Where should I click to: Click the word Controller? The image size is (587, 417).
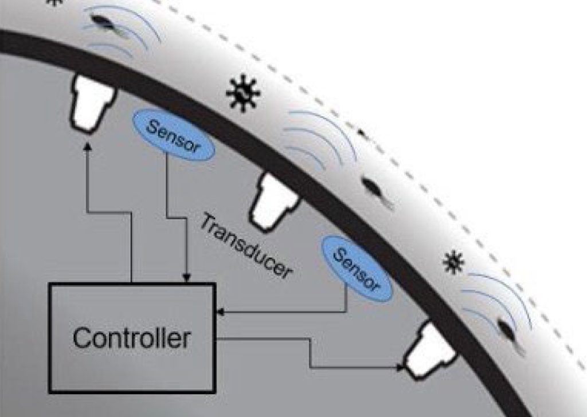point(131,338)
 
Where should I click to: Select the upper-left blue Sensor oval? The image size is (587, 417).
point(174,137)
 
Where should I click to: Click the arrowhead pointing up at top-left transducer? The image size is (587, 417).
point(87,147)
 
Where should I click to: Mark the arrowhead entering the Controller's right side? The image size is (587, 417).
point(219,312)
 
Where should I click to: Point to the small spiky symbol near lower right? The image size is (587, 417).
point(453,262)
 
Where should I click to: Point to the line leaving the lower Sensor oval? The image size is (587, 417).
point(346,300)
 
